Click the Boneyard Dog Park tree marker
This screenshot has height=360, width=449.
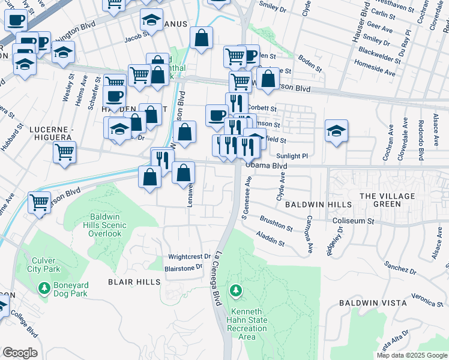click(44, 289)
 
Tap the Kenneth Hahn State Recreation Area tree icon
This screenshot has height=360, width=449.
click(237, 292)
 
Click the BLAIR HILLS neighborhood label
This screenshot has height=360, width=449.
click(134, 281)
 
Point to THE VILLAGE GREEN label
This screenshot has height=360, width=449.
click(387, 200)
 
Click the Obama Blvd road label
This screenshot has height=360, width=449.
click(267, 166)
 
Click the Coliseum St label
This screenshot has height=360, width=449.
click(354, 221)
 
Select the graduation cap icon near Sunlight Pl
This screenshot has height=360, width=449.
click(337, 131)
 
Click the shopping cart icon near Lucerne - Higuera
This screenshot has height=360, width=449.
click(64, 151)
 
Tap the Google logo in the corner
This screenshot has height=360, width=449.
click(20, 353)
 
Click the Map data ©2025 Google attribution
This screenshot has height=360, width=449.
click(412, 355)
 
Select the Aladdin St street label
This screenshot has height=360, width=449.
click(270, 238)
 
